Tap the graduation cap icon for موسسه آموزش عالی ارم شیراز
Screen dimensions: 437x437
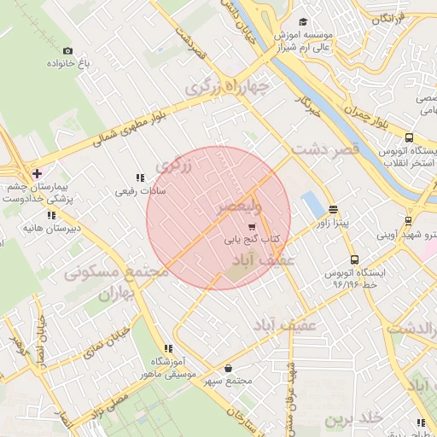(302, 23)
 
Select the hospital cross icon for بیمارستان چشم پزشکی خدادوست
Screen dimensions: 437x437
(37, 173)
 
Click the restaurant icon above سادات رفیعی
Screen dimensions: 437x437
(140, 178)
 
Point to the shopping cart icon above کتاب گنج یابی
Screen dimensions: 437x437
(251, 226)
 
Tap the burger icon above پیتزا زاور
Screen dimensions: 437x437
(332, 208)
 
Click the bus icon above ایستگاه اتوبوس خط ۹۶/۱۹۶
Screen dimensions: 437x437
(353, 260)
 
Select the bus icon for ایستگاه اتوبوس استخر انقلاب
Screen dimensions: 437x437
(409, 137)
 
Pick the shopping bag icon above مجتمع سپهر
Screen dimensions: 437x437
(228, 368)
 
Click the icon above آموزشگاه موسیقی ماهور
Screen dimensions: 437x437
(168, 348)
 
